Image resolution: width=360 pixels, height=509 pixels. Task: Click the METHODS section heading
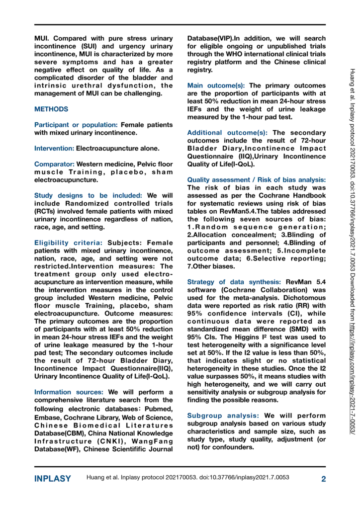[51, 109]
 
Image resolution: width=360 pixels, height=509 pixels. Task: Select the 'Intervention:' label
[54, 149]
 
